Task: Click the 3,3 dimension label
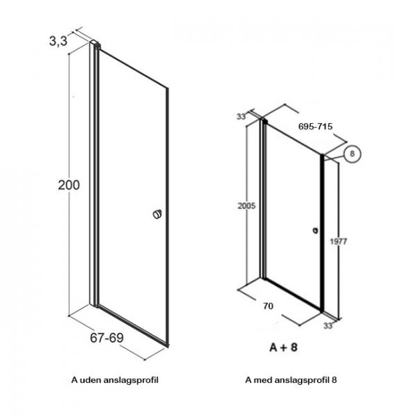coord(58,41)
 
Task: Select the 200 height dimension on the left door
coord(69,185)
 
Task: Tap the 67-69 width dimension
coord(107,338)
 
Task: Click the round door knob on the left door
coord(157,214)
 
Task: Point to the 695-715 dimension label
coord(316,126)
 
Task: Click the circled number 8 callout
coord(352,154)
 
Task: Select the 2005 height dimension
coord(246,206)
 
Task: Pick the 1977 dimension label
coord(339,241)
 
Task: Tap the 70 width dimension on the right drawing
coord(268,306)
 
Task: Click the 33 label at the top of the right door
coord(241,117)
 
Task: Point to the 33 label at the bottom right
coord(328,326)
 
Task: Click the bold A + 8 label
coord(283,347)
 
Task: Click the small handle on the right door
coord(315,231)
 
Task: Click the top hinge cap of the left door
coord(95,44)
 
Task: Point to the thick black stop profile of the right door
coord(322,233)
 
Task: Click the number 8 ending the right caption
coord(334,379)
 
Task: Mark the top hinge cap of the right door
coord(264,121)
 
